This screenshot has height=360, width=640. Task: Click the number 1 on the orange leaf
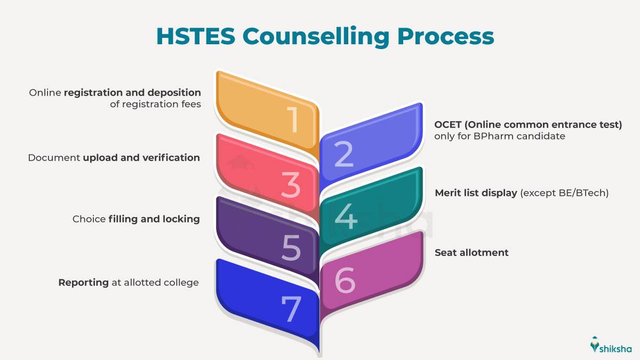point(292,120)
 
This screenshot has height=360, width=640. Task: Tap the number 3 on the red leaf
point(291,185)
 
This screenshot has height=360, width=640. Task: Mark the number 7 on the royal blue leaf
point(291,310)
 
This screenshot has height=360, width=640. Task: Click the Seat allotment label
point(471,253)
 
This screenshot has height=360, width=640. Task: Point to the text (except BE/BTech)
point(564,193)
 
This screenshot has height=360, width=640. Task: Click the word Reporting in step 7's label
point(84,283)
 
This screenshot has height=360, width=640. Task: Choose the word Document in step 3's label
point(54,158)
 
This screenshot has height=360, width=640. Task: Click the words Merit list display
point(476,193)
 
